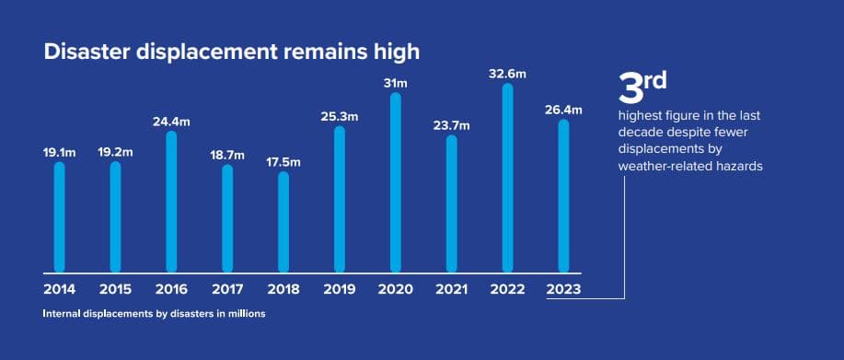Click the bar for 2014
click(x=59, y=217)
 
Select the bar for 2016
click(x=171, y=202)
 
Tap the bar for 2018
click(x=283, y=222)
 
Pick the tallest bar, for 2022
click(x=507, y=178)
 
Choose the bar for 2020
click(x=396, y=182)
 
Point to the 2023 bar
click(x=563, y=196)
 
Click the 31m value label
click(x=396, y=84)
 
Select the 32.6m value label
click(x=507, y=75)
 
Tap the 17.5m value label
click(x=283, y=162)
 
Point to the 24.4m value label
click(x=171, y=122)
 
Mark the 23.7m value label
click(x=452, y=126)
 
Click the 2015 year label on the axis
click(x=115, y=289)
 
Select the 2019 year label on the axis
click(x=339, y=289)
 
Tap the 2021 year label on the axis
click(x=451, y=289)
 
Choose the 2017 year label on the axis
click(x=227, y=289)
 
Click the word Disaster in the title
click(x=87, y=52)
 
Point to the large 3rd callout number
click(x=642, y=87)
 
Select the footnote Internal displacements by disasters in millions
click(x=154, y=314)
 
